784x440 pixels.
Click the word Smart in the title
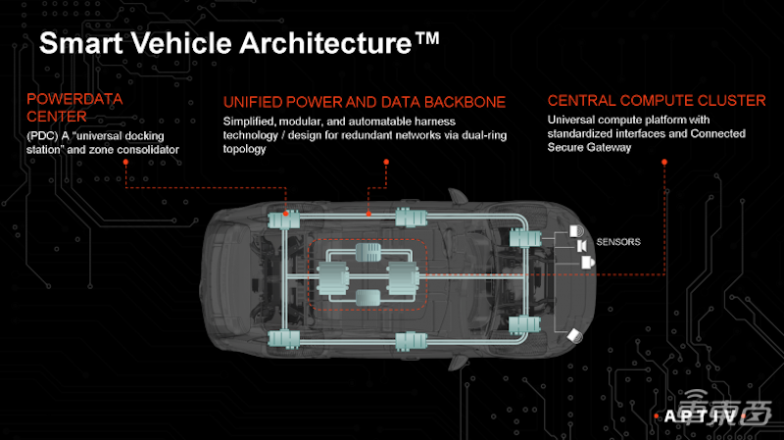click(x=81, y=43)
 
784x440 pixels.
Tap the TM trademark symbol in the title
click(x=426, y=38)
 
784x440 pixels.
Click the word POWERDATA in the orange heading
click(x=74, y=99)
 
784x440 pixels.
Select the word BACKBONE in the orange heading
click(x=465, y=102)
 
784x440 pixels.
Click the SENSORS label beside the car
click(x=618, y=242)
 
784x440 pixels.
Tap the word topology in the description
click(x=244, y=149)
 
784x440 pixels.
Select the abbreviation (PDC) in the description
click(x=42, y=136)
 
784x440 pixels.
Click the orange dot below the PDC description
click(x=125, y=162)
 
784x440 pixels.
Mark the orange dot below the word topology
click(x=386, y=162)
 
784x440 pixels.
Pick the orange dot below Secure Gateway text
click(x=664, y=162)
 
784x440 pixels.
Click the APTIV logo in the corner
click(x=700, y=416)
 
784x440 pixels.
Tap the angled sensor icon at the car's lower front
click(x=575, y=336)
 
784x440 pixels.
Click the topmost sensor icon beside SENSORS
click(x=576, y=231)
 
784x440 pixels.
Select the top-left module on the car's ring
click(x=283, y=220)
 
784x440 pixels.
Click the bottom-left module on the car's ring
click(x=283, y=339)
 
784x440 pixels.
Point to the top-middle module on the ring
click(x=411, y=218)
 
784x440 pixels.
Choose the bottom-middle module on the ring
click(x=411, y=341)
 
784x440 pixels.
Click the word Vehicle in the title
click(x=181, y=43)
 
